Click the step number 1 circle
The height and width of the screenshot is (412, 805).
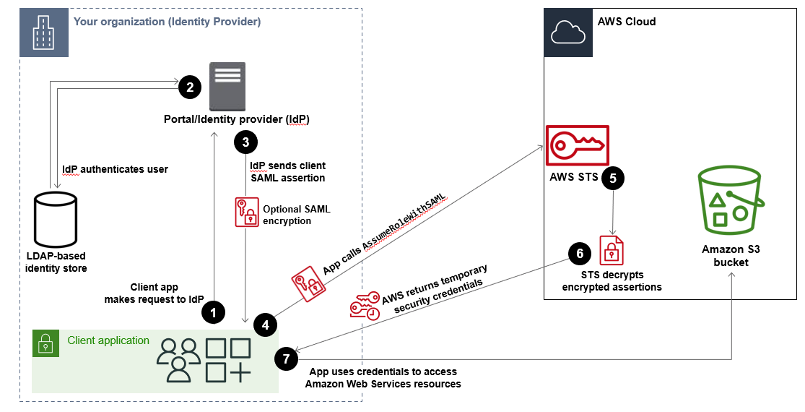tap(212, 312)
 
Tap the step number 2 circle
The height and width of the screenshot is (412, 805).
tap(189, 88)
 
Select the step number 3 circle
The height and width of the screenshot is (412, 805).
tap(245, 143)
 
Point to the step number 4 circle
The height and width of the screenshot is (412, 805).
tap(266, 325)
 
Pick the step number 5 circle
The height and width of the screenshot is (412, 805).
tap(613, 178)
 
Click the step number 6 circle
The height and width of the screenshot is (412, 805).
tap(578, 253)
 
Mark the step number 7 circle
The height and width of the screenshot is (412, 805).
tap(287, 359)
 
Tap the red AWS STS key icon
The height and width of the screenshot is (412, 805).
tap(578, 146)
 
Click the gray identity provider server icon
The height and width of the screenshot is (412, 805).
tap(227, 85)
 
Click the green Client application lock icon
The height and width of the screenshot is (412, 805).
tap(45, 343)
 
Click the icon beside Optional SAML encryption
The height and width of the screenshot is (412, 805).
tap(246, 212)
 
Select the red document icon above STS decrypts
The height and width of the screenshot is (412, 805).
tap(612, 250)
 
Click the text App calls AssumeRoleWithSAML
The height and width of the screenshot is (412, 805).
tap(384, 235)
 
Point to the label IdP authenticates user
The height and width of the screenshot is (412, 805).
tap(115, 169)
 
